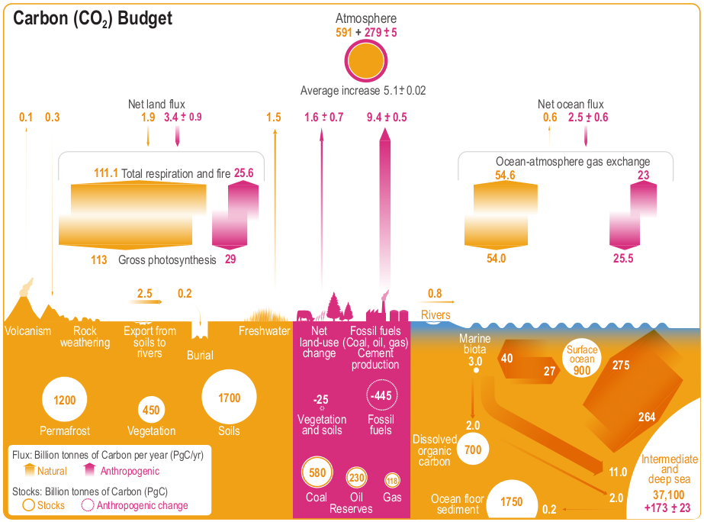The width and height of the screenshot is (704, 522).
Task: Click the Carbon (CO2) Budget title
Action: point(93,18)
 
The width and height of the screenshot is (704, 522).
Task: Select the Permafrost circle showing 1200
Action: point(65,400)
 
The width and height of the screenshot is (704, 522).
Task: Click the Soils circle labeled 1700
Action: point(229,398)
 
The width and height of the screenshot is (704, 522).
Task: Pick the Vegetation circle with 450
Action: point(151,410)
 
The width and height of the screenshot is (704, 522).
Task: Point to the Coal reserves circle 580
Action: point(317,473)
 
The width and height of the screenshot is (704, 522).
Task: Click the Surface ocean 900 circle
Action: point(582,361)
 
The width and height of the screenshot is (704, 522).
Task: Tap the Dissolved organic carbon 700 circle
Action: point(473,450)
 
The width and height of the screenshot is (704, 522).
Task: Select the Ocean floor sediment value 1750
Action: point(512,502)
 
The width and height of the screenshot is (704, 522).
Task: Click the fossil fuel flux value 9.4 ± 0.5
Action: point(387,118)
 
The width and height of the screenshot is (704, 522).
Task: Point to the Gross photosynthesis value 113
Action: point(99,260)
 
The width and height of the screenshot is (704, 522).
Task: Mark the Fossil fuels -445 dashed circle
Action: point(380,395)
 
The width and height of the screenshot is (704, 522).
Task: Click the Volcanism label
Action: point(27,331)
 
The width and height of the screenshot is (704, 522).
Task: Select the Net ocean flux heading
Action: point(571,105)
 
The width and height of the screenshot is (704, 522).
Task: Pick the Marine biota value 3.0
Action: point(476,360)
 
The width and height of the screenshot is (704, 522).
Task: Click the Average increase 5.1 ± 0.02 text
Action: point(363,91)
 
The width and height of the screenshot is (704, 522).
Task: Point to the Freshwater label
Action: point(264,331)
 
